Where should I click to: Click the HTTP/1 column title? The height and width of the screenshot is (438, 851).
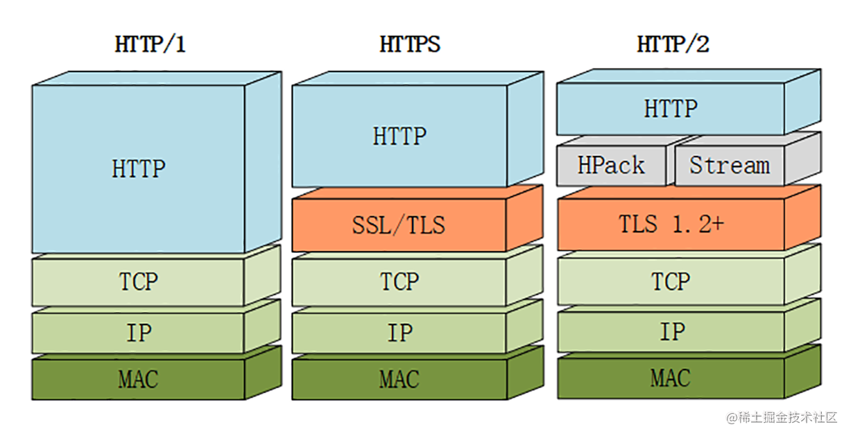pyautogui.click(x=151, y=45)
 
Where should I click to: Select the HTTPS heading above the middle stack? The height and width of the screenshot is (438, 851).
pyautogui.click(x=409, y=45)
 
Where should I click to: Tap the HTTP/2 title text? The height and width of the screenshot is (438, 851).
pyautogui.click(x=673, y=45)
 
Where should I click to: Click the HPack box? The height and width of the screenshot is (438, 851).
pyautogui.click(x=611, y=166)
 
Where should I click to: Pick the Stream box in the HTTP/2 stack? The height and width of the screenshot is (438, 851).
pyautogui.click(x=729, y=166)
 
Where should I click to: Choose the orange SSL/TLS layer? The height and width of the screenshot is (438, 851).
pyautogui.click(x=399, y=225)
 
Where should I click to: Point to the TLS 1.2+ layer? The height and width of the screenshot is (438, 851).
pyautogui.click(x=671, y=224)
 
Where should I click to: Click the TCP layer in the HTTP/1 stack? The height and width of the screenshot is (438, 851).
pyautogui.click(x=138, y=282)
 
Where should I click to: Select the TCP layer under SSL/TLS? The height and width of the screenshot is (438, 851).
pyautogui.click(x=399, y=282)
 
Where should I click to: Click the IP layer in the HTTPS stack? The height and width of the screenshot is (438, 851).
pyautogui.click(x=399, y=333)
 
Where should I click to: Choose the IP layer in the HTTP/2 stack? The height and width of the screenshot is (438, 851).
pyautogui.click(x=671, y=332)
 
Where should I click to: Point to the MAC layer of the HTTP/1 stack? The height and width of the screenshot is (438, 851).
pyautogui.click(x=138, y=379)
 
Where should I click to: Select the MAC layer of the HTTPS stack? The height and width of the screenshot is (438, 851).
pyautogui.click(x=399, y=379)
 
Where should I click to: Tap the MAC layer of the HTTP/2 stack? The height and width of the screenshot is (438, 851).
pyautogui.click(x=671, y=378)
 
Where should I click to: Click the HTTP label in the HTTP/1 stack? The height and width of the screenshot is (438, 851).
pyautogui.click(x=138, y=168)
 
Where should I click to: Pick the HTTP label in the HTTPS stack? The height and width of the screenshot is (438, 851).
pyautogui.click(x=399, y=136)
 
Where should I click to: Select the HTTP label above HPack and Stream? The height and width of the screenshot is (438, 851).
pyautogui.click(x=671, y=109)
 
